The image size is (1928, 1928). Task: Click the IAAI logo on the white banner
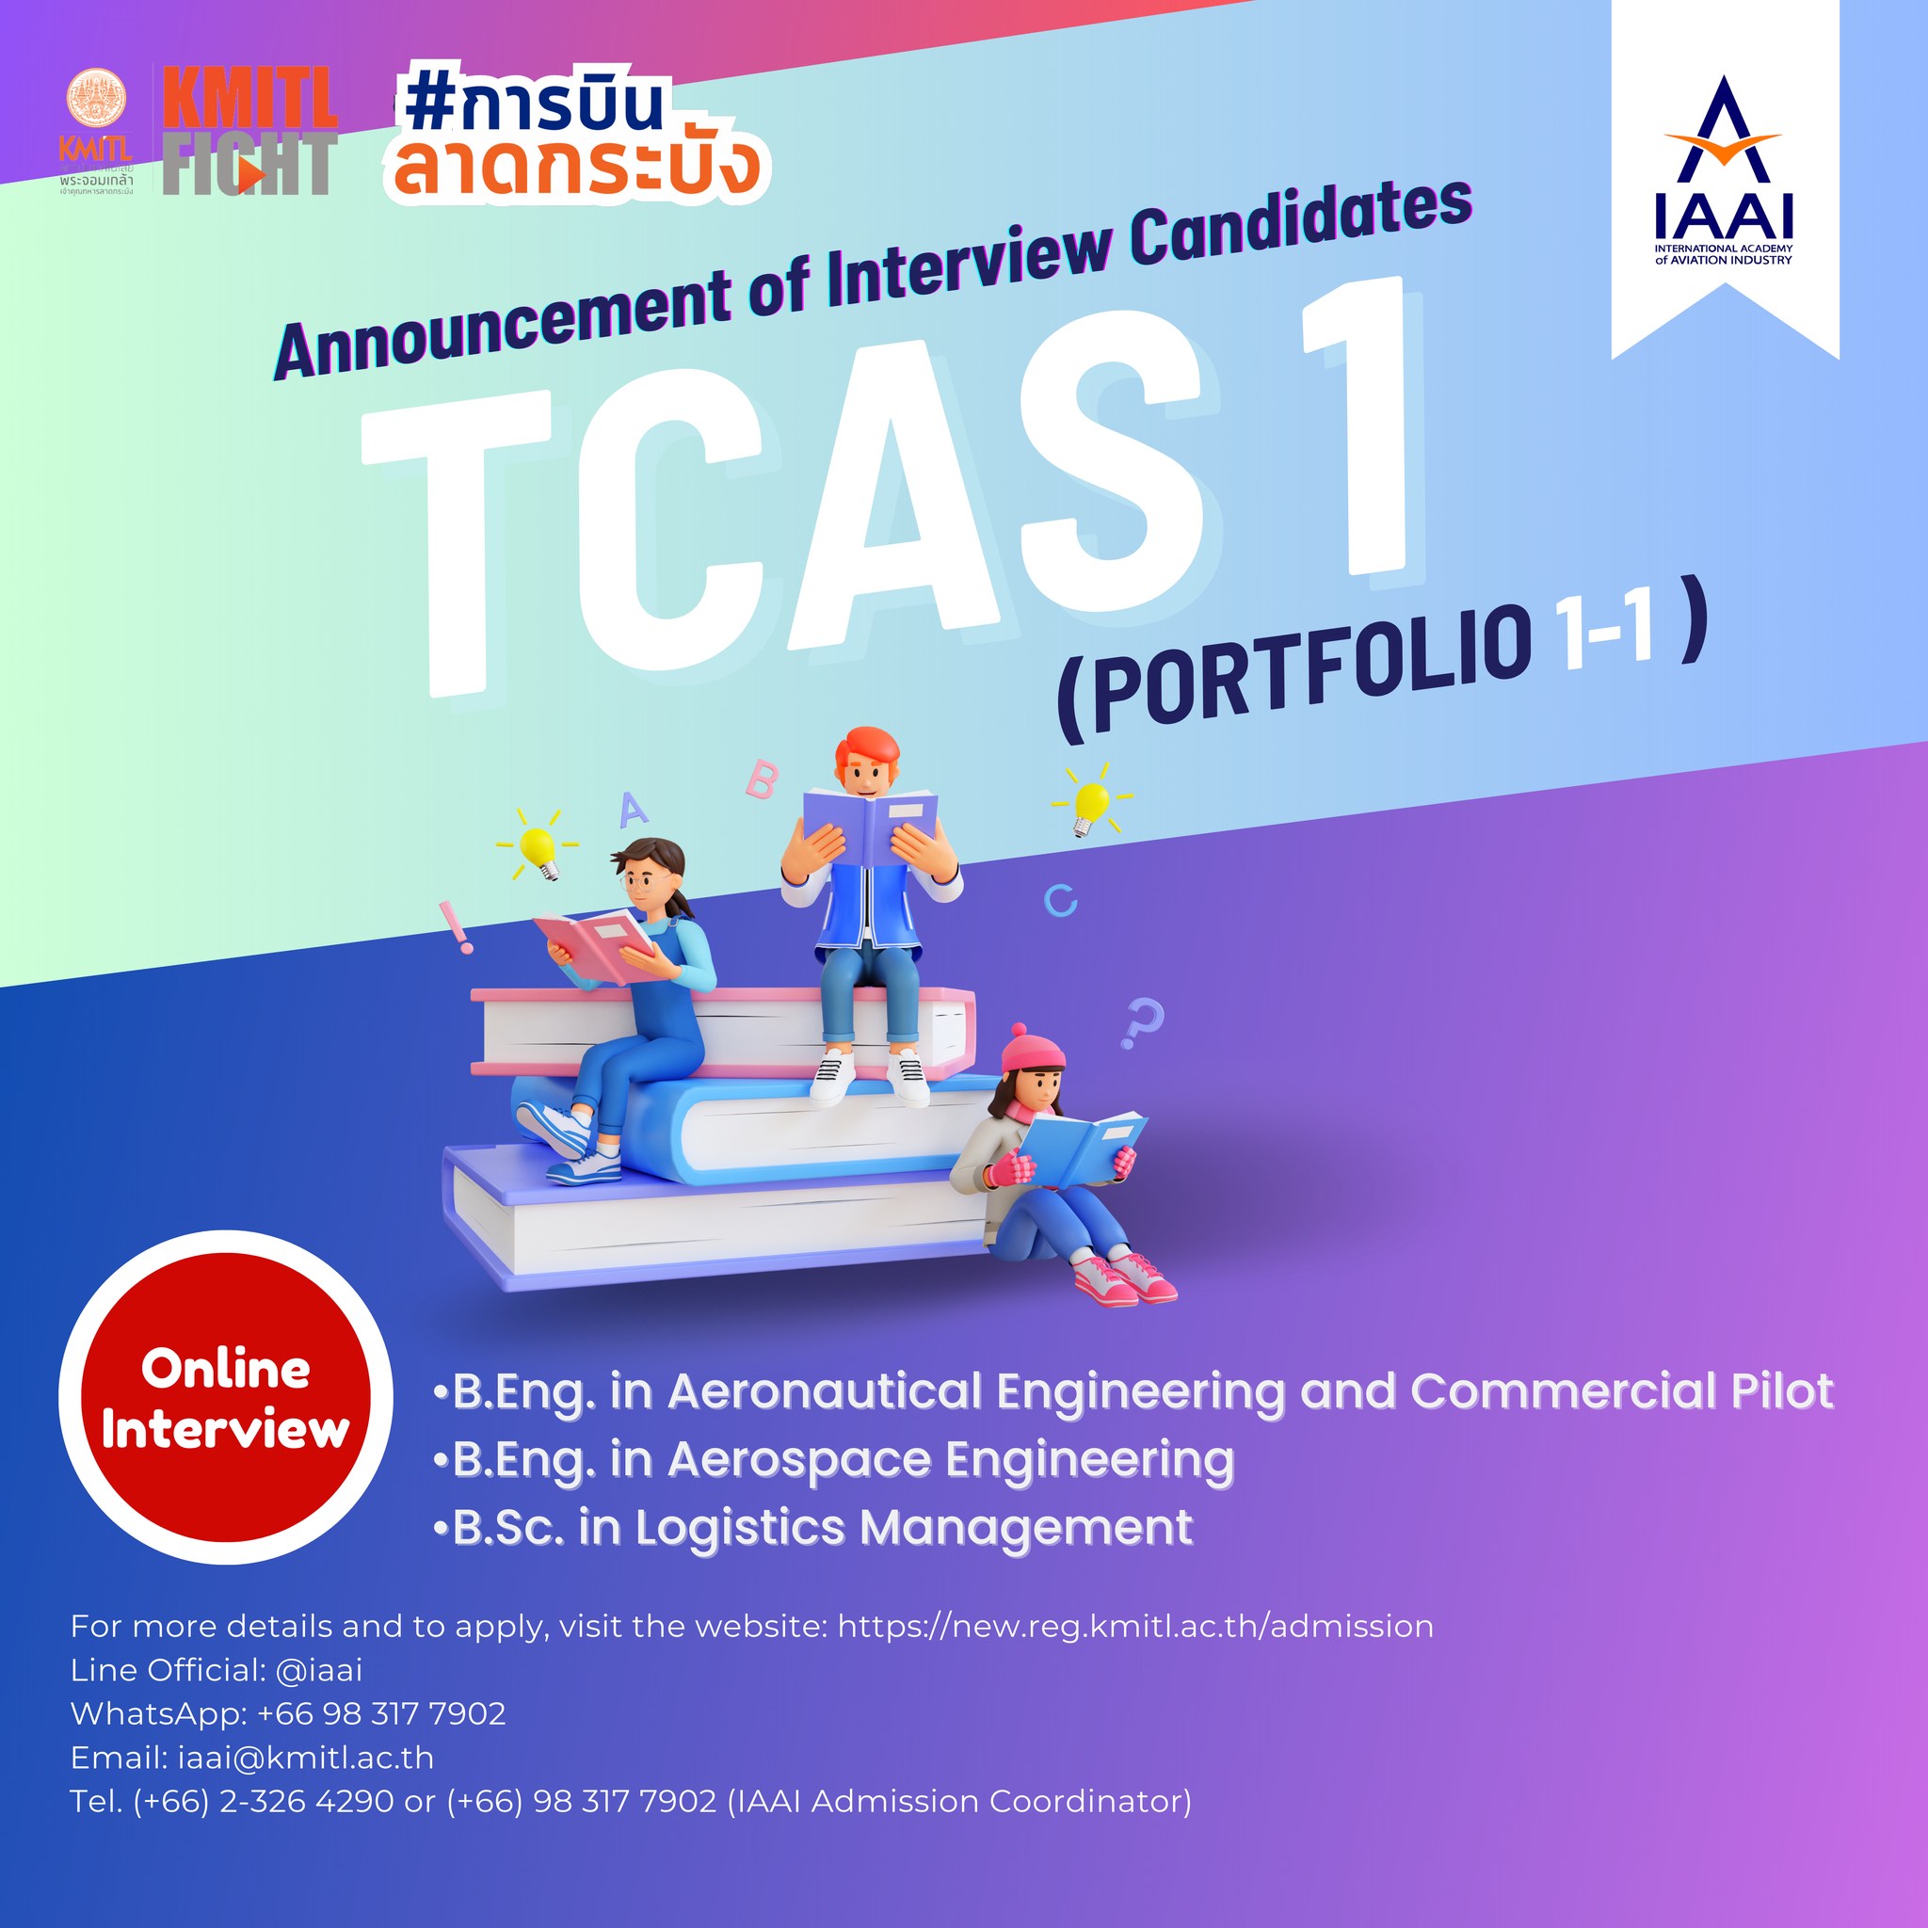pos(1724,169)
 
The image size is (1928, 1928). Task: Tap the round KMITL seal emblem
pos(97,98)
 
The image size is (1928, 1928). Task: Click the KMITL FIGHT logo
pos(249,131)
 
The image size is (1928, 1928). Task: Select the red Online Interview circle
pos(226,1397)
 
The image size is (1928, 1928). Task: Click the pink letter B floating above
pos(762,779)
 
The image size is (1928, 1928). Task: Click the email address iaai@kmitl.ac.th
pos(306,1758)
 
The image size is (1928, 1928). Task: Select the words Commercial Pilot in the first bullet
pos(1622,1391)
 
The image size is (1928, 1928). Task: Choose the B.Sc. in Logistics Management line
pos(813,1527)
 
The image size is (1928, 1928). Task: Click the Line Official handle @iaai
pos(319,1669)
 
